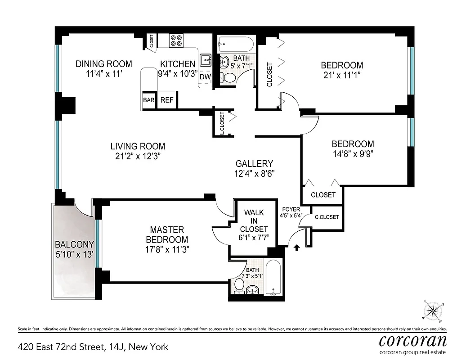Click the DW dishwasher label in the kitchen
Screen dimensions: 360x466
click(x=205, y=76)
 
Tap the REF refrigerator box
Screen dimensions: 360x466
click(x=167, y=100)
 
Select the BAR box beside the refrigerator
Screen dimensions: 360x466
click(x=149, y=100)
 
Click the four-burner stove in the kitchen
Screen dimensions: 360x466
click(x=176, y=41)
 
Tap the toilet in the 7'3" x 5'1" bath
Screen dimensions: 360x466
click(x=239, y=284)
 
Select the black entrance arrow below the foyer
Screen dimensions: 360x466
click(x=296, y=247)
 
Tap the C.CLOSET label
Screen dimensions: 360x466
click(x=327, y=217)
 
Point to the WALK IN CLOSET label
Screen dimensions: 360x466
click(x=254, y=220)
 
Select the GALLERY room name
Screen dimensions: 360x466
click(x=255, y=164)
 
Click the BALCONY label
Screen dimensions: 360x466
click(x=74, y=245)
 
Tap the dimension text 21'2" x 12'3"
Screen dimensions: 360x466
click(x=138, y=157)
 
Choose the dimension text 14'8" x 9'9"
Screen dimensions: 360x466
click(x=353, y=153)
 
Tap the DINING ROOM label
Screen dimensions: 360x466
click(x=103, y=63)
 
